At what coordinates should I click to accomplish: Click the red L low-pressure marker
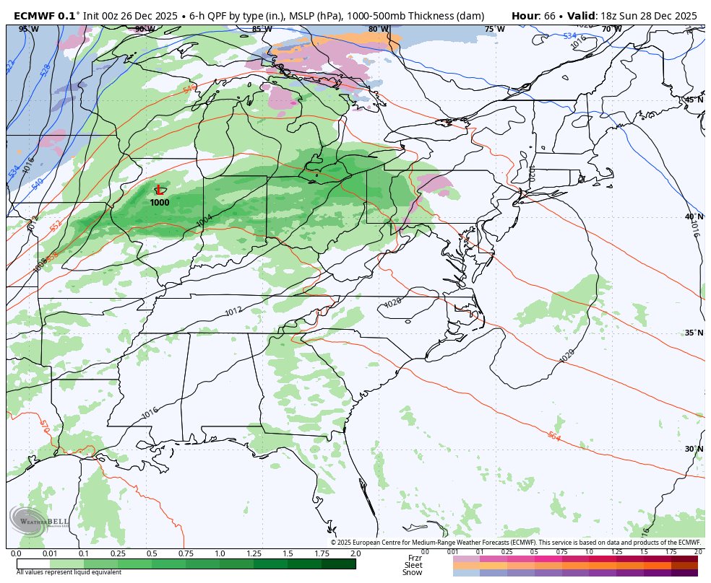click(x=159, y=190)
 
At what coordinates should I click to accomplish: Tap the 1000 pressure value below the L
click(x=160, y=203)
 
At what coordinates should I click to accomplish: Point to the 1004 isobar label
click(x=204, y=219)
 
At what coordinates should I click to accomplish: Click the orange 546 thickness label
click(x=190, y=89)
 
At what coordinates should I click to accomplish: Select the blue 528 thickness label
click(x=46, y=70)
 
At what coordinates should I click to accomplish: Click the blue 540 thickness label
click(x=38, y=183)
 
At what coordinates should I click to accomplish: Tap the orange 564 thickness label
click(x=553, y=437)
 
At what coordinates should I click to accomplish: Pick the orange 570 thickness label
click(x=45, y=426)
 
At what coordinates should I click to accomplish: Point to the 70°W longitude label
click(x=611, y=29)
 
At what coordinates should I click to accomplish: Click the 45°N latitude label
click(x=694, y=100)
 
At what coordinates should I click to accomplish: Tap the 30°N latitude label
click(x=694, y=449)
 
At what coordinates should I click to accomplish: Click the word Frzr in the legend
click(x=415, y=558)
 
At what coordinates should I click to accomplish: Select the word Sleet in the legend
click(x=413, y=565)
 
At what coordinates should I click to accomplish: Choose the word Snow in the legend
click(x=413, y=572)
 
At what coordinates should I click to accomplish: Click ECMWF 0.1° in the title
click(x=45, y=16)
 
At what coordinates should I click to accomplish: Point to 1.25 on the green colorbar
click(x=254, y=553)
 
